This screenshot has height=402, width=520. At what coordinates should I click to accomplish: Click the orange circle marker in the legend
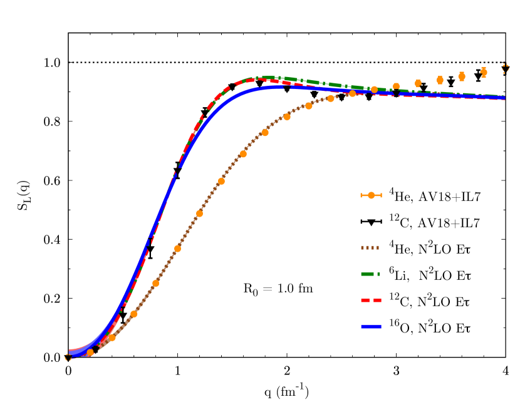coord(371,195)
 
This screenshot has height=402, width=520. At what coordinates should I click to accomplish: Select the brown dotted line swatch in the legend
coord(370,248)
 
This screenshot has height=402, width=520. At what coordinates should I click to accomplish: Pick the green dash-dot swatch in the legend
coord(370,274)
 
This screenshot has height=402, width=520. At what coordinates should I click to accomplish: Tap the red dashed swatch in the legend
coord(370,301)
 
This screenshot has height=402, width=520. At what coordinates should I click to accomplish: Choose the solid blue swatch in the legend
coord(370,327)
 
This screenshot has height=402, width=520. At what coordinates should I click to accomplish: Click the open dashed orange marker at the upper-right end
coord(506,68)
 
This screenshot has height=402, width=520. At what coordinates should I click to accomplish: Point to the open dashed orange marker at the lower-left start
coord(68,358)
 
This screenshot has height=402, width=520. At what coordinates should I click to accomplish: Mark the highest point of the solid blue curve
coord(276,87)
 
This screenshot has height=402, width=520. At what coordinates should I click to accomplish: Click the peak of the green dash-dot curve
coord(266,78)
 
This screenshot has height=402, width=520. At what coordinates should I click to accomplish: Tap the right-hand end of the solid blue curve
coord(504,98)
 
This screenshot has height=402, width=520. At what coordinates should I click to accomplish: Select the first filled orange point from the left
coord(90,353)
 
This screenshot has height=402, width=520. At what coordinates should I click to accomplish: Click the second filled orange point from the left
coord(112,338)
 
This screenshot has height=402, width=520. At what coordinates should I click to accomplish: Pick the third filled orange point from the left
coord(133,314)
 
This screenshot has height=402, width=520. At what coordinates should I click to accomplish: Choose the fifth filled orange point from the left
coord(177,249)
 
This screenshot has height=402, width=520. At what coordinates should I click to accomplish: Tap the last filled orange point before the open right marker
coord(484,73)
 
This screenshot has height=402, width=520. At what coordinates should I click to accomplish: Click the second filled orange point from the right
coord(462,76)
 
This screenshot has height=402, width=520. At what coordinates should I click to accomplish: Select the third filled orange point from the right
coord(440,80)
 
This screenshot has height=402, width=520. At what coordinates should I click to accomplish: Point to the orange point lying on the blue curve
coord(374,90)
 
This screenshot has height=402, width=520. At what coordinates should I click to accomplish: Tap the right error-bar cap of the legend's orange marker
coord(381,195)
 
